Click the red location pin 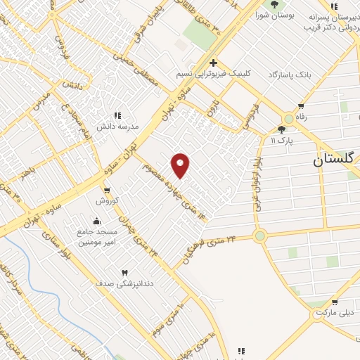(x=181, y=165)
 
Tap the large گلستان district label (x=335, y=160)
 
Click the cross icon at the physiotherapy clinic (x=213, y=63)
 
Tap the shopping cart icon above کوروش (x=106, y=190)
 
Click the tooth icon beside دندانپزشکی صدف (x=124, y=273)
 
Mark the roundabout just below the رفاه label (x=289, y=119)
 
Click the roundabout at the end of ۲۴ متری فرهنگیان (x=261, y=236)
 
